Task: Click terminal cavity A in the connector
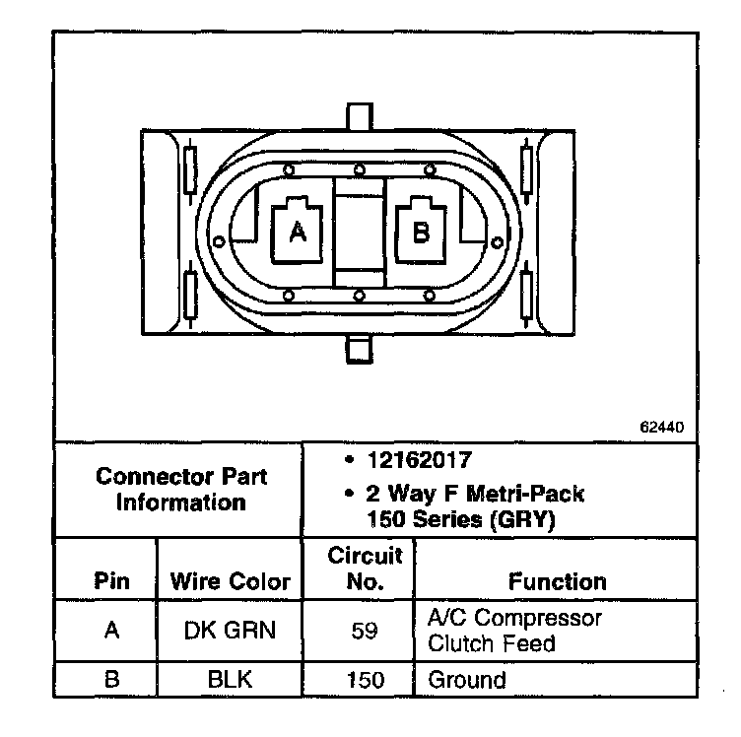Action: (297, 231)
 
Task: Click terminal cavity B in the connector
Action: (421, 231)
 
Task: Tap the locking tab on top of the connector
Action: (360, 116)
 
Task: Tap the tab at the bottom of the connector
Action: (359, 349)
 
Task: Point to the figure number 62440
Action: (661, 427)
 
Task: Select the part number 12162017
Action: (420, 460)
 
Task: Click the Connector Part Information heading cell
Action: (181, 490)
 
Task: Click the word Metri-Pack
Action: (525, 494)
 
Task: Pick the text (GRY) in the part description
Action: (522, 519)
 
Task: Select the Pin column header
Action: (111, 580)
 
